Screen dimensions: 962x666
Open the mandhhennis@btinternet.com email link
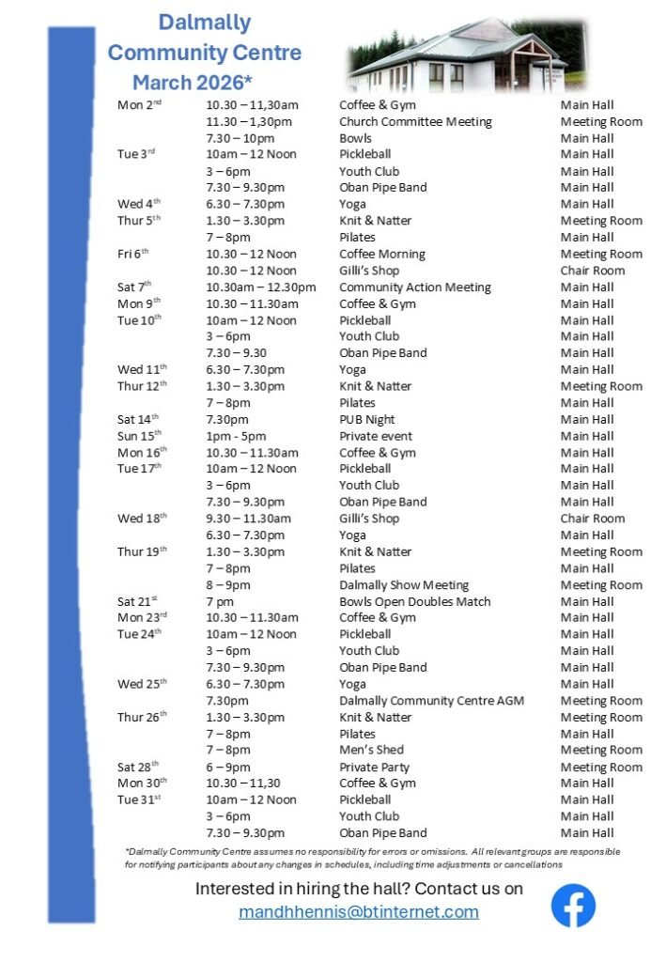[359, 912]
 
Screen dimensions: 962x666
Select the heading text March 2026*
[192, 82]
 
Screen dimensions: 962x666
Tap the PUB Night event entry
[367, 420]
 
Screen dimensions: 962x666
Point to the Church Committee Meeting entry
[415, 122]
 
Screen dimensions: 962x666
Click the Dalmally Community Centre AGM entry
[431, 701]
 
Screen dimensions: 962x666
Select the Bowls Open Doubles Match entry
[414, 601]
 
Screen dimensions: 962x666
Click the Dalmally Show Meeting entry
[404, 585]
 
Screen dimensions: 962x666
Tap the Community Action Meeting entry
[414, 287]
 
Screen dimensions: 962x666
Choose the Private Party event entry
[374, 767]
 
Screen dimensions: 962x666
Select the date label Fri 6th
[133, 254]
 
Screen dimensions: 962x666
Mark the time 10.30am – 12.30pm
[261, 287]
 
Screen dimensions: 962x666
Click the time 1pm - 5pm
[236, 436]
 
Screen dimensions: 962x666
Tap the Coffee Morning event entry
[382, 254]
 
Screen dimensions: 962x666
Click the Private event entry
[376, 436]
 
